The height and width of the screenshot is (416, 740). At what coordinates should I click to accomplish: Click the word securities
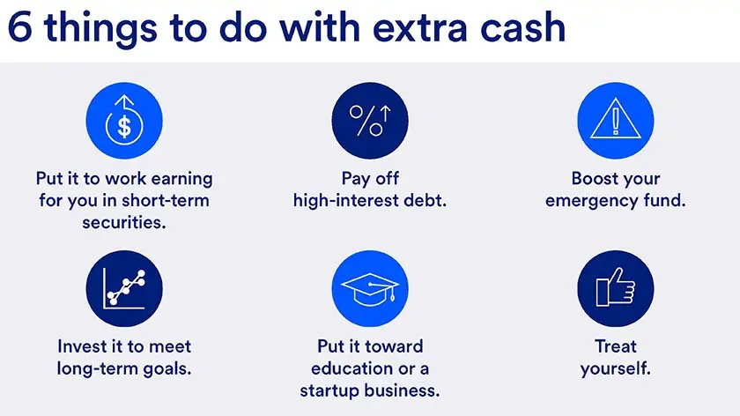(x=123, y=222)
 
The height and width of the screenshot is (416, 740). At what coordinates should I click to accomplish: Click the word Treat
(x=615, y=345)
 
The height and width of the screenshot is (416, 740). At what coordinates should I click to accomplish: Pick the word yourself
(x=615, y=368)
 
